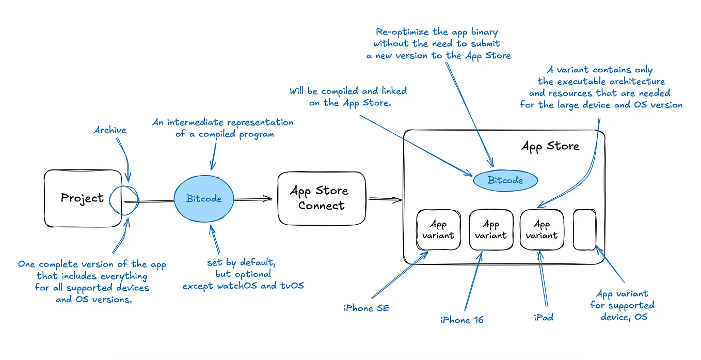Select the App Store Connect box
tap(321, 198)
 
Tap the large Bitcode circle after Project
tap(204, 199)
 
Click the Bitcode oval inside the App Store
tap(505, 180)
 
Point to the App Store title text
tap(550, 146)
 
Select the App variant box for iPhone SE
tap(438, 230)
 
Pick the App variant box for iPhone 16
tap(490, 230)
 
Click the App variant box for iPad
tap(541, 230)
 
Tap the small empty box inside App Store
tap(584, 230)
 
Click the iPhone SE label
tap(367, 308)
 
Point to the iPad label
tap(544, 317)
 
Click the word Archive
tap(110, 130)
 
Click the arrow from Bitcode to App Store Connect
tap(253, 198)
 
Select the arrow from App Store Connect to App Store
tap(386, 199)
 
